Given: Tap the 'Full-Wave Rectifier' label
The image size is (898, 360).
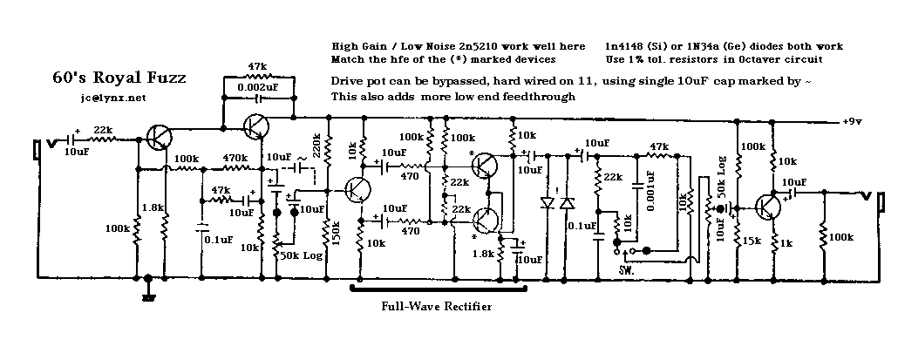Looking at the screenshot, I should point(436,306).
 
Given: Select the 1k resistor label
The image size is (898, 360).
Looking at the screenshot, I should point(786,241).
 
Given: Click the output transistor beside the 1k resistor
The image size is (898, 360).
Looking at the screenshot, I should point(768,207).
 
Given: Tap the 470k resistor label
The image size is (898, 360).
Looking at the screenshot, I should point(234,158).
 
